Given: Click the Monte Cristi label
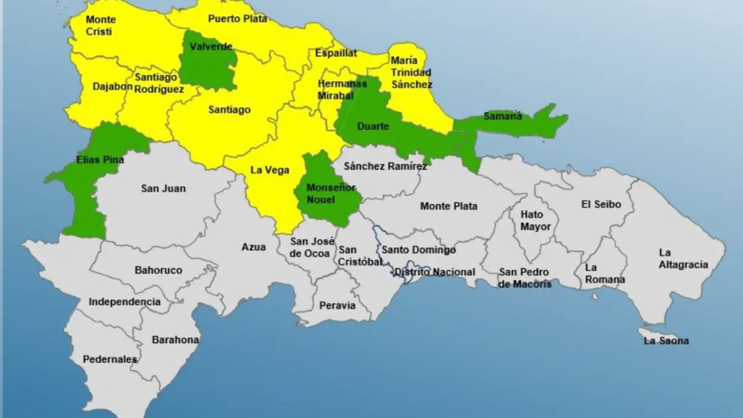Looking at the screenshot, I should point(100,25).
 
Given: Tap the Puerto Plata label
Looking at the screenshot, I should point(237,19).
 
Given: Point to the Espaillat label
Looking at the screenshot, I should point(336,53).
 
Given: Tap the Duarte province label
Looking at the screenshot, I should point(373,126).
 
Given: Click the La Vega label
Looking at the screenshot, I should point(269,170).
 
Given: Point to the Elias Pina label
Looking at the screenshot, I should point(100,159).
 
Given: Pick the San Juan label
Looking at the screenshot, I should point(163,188).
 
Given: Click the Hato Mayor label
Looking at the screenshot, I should point(535,221).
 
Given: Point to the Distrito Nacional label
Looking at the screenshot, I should point(435,272).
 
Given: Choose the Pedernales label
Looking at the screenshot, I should point(110,359).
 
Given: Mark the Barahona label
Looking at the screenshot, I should point(175,339).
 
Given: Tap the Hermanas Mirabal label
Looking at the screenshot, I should point(341,89).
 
